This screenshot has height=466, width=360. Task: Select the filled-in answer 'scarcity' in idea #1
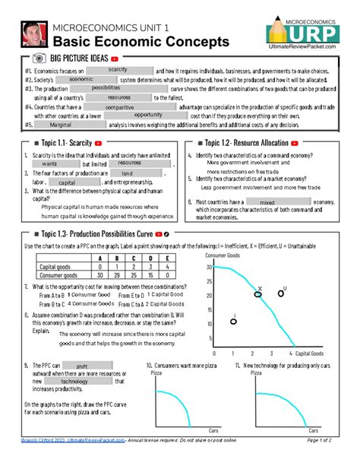tap(117, 70)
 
